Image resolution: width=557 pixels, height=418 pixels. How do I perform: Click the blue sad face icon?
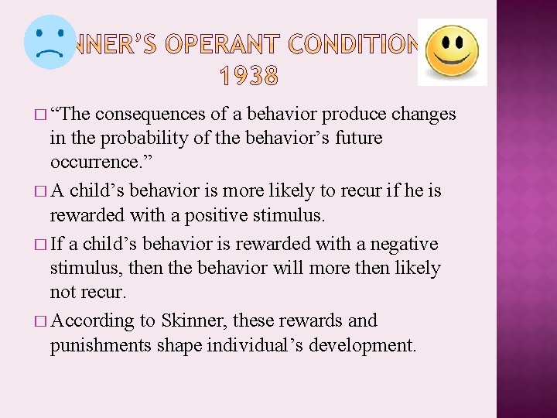[50, 42]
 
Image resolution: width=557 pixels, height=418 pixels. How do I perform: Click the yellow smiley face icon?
[452, 52]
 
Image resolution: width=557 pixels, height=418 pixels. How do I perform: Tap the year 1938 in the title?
[249, 76]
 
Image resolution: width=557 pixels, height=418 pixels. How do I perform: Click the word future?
[358, 139]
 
